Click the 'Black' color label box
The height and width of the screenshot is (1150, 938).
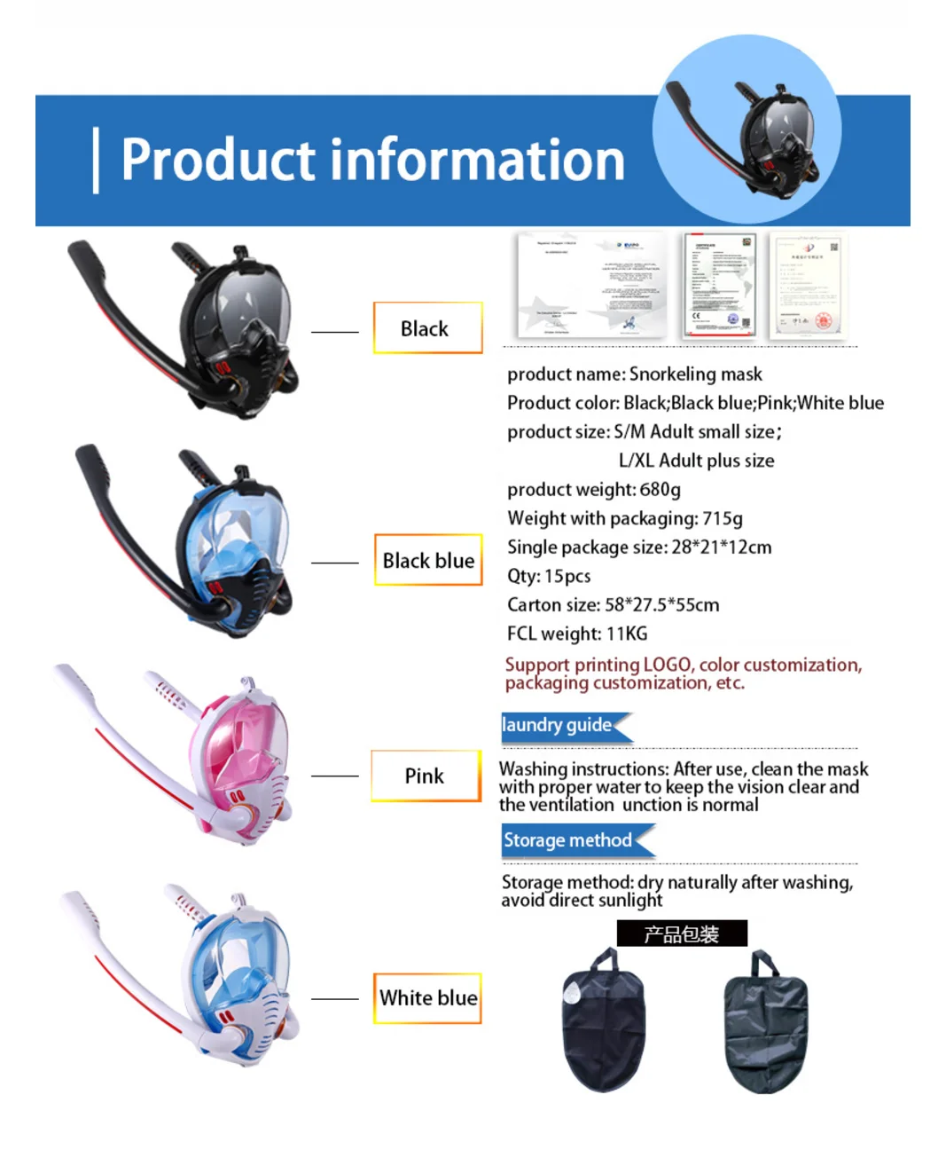pos(427,328)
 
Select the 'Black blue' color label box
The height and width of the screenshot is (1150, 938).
pos(428,561)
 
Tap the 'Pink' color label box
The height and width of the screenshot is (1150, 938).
pos(426,776)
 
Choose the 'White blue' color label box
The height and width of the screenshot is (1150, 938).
pos(428,998)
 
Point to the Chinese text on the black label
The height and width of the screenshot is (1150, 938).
pos(682,934)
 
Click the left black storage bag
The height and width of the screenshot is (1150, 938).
pos(603,1025)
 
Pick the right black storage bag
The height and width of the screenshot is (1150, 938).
pos(764,1025)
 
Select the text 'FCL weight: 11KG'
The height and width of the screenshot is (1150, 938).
pos(577,634)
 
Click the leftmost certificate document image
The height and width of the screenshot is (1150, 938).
pos(591,286)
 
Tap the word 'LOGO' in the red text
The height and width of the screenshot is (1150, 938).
pos(667,666)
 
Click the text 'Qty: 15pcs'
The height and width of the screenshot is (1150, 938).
pos(549,576)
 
